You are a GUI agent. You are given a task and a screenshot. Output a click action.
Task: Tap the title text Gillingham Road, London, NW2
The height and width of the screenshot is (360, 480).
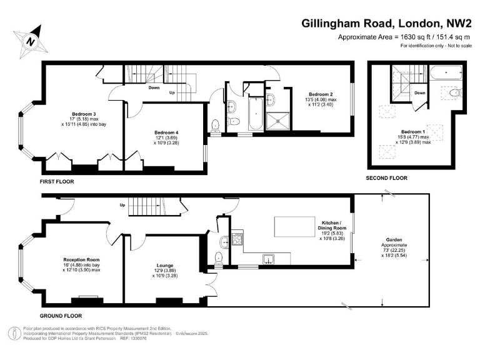pos(386,24)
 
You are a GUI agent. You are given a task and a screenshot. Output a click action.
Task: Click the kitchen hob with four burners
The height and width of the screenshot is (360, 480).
pos(237,238)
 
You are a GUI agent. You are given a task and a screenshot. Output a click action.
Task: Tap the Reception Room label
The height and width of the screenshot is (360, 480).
pos(81,259)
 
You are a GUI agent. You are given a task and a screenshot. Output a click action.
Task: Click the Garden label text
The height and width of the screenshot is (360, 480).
pos(393,245)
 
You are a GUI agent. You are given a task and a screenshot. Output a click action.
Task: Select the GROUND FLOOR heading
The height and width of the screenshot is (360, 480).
pos(61,316)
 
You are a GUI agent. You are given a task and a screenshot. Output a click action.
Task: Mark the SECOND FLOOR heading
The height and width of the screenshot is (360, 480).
pos(386,178)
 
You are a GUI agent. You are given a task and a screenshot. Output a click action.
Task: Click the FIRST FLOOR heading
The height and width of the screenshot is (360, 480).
pos(57,181)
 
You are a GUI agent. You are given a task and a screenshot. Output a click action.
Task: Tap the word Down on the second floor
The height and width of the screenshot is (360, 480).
pos(420,93)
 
